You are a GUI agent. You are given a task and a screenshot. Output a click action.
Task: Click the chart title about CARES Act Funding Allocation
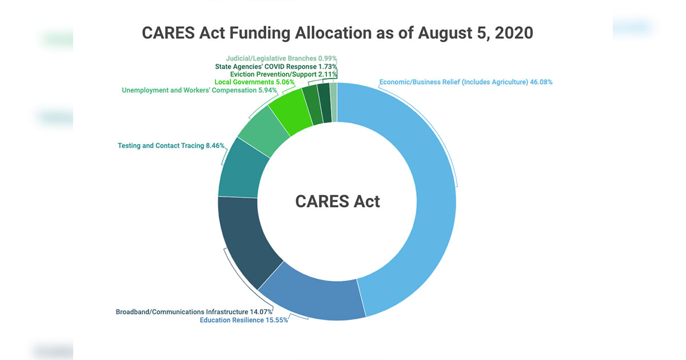coord(337,33)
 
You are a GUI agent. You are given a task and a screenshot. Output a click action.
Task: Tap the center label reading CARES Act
coord(337,201)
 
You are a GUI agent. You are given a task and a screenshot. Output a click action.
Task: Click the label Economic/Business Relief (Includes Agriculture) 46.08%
coord(466,82)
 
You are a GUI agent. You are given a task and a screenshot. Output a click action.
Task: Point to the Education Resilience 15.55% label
coord(244,320)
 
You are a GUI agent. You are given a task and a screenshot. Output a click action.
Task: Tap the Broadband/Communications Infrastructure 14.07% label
coord(194,312)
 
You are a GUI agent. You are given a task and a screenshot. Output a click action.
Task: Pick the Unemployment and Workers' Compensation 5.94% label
coord(208,90)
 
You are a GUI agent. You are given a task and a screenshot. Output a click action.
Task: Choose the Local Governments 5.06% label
coord(254,82)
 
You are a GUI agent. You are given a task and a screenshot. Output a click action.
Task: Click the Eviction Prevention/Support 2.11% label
coord(284,74)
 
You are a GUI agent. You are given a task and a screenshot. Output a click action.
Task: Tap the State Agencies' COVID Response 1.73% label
coord(276,66)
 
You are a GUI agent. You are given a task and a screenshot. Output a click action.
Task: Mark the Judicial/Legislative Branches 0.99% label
coord(281,58)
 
